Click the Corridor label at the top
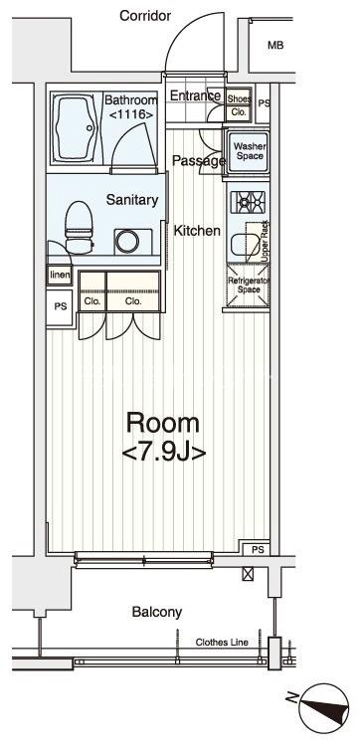click(x=145, y=16)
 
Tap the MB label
click(x=275, y=46)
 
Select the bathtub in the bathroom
click(x=78, y=127)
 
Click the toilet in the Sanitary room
click(x=79, y=227)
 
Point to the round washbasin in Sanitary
click(x=127, y=241)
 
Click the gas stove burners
click(x=249, y=201)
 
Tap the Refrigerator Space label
click(x=249, y=285)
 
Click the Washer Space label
click(x=250, y=151)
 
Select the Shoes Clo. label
click(x=239, y=105)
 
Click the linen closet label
click(x=60, y=276)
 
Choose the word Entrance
click(x=195, y=95)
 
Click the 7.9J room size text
click(x=164, y=452)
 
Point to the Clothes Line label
click(x=222, y=642)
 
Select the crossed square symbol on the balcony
click(x=248, y=574)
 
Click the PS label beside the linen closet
click(x=61, y=306)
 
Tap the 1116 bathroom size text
click(x=131, y=114)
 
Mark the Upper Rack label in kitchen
click(x=266, y=241)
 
